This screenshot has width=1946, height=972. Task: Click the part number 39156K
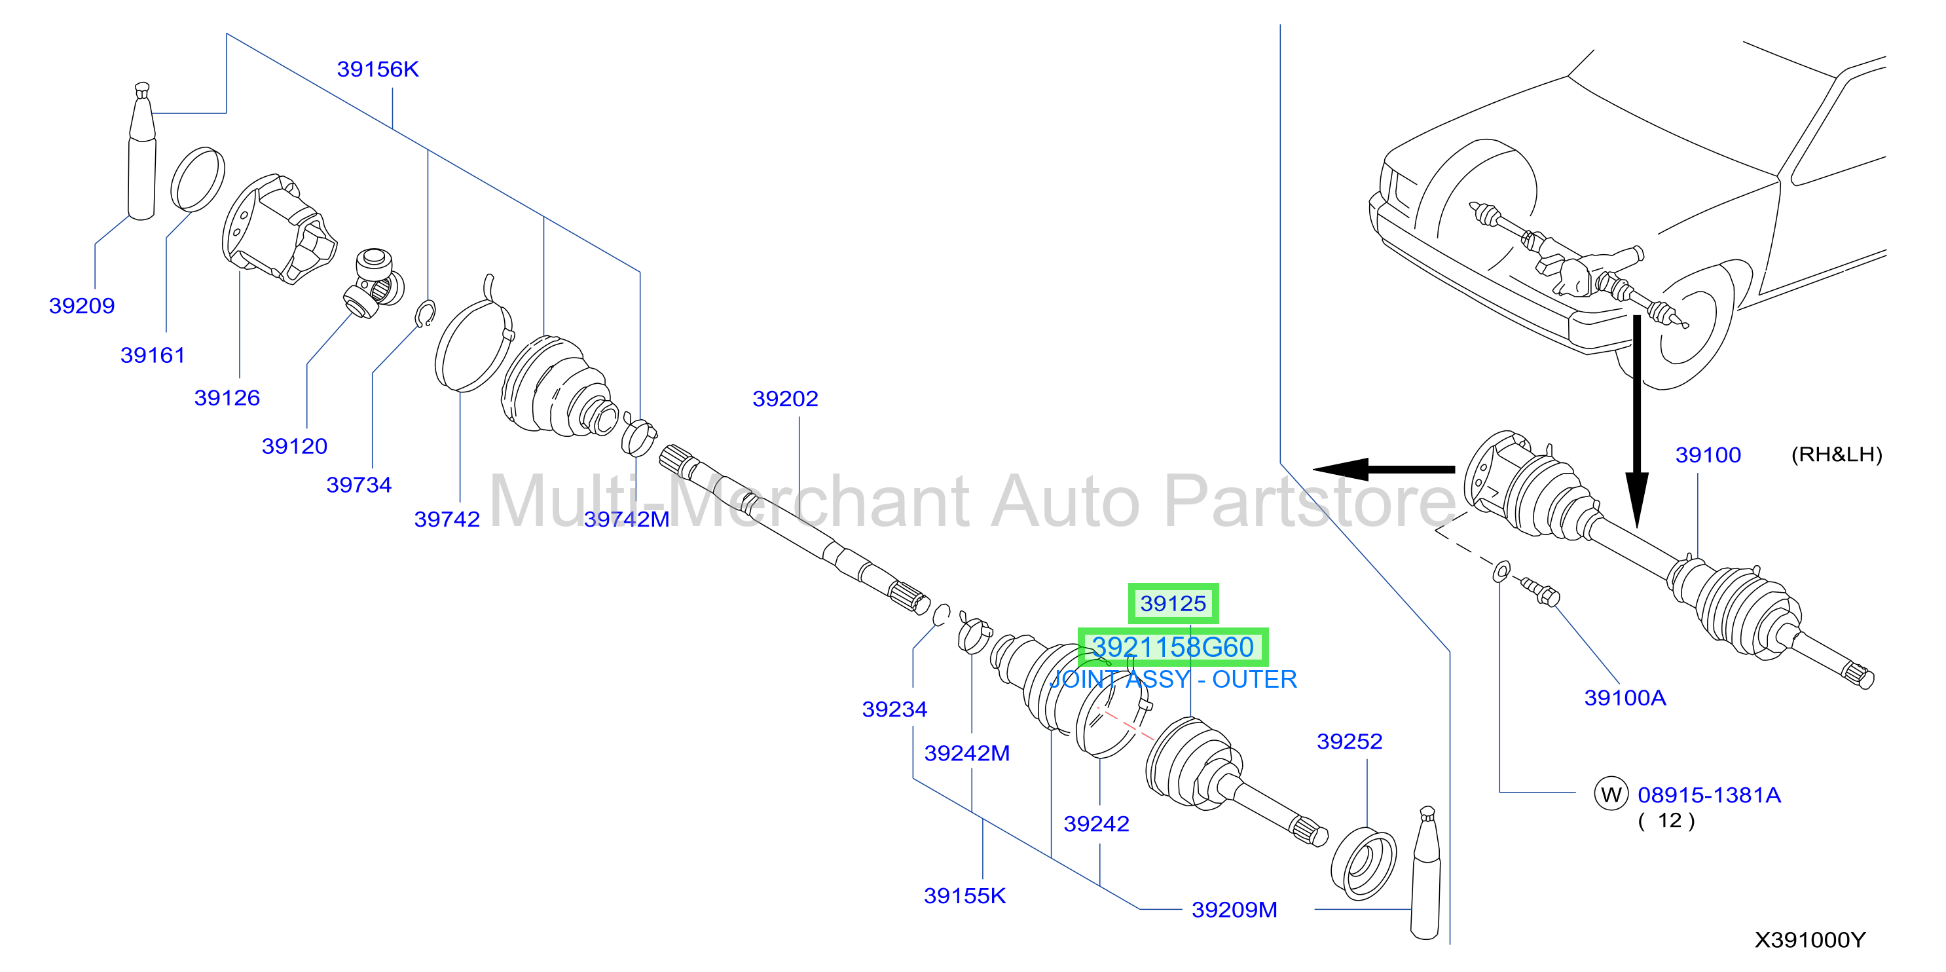click(378, 69)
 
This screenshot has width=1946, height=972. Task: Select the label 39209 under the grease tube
click(82, 306)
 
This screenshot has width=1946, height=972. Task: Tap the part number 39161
click(153, 355)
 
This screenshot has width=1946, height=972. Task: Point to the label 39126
click(227, 398)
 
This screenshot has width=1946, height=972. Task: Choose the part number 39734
click(359, 485)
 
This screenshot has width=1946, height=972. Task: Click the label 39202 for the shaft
click(786, 399)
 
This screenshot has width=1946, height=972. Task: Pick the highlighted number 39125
click(1173, 604)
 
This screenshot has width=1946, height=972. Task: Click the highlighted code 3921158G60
click(1173, 648)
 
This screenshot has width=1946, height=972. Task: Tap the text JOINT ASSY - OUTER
click(1173, 679)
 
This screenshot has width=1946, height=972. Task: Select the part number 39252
click(1350, 741)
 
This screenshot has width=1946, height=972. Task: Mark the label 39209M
click(1234, 910)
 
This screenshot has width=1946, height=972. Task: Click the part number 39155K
click(964, 897)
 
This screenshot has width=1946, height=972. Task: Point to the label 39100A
click(1625, 698)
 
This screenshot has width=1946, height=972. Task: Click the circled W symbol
click(1611, 794)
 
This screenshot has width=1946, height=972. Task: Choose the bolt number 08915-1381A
click(1710, 795)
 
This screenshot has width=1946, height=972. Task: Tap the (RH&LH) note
click(1837, 455)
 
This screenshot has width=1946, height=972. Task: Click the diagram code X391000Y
click(1809, 941)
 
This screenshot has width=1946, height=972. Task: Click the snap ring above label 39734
click(426, 314)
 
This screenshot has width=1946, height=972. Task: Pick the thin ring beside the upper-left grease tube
click(197, 179)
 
